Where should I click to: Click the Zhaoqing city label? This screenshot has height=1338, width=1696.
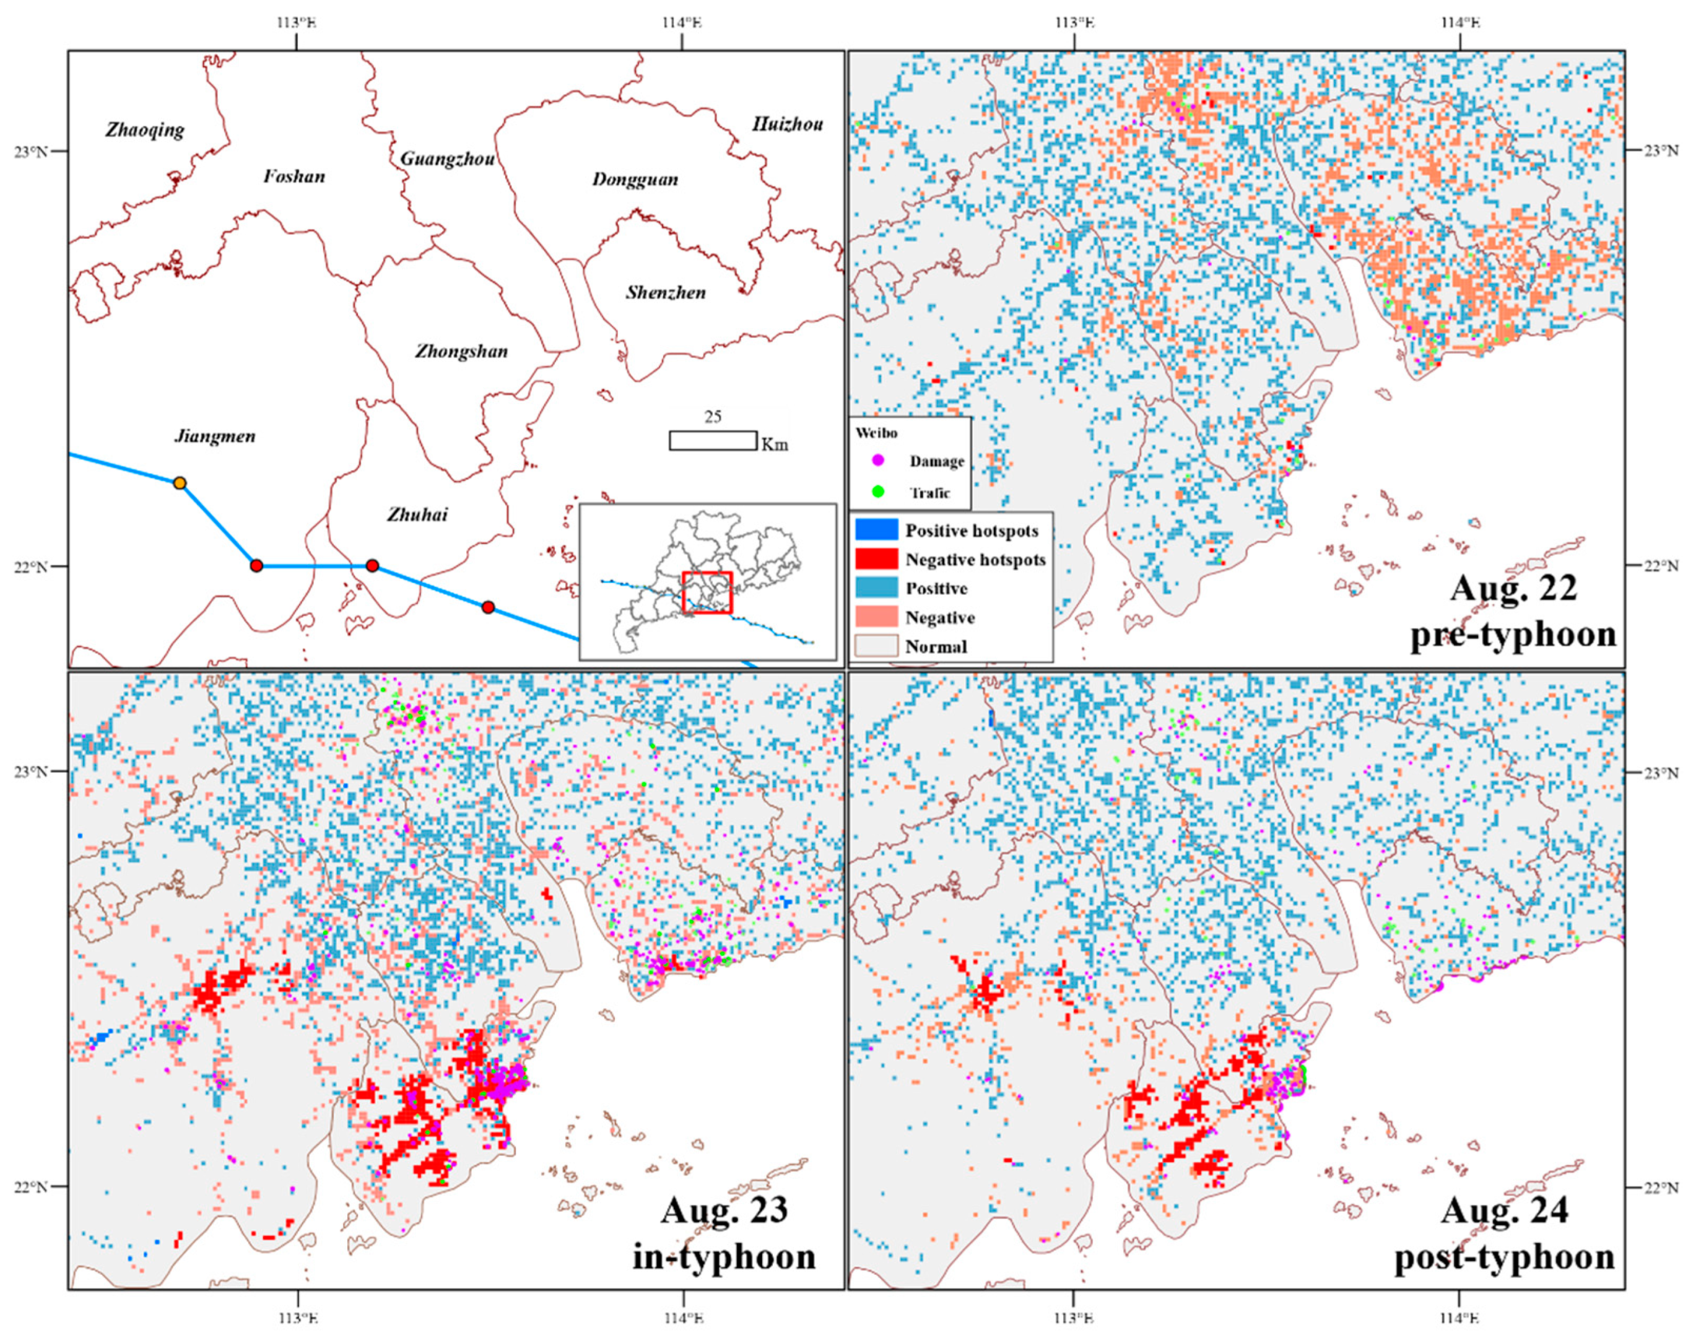pos(145,130)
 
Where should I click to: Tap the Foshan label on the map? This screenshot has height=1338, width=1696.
pos(294,176)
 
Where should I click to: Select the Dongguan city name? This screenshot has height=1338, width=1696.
pos(635,180)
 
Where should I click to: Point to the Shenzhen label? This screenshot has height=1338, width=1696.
pos(665,293)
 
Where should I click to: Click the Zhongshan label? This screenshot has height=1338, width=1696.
pos(461,351)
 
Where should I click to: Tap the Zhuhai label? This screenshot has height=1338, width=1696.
pos(417,515)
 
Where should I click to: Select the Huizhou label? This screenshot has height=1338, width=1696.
pos(787,124)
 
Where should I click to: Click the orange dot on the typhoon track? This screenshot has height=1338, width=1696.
pos(180,482)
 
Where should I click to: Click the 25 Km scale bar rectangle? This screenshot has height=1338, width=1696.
pos(712,440)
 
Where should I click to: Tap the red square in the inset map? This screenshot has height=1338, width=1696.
pos(707,593)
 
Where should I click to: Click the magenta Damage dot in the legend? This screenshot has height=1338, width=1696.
pos(878,460)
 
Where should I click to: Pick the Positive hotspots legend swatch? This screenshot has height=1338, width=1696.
pos(876,531)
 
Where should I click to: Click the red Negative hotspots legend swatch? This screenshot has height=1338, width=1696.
pos(876,559)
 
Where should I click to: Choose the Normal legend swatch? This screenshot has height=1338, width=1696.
pos(876,646)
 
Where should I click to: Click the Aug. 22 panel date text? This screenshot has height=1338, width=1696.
pos(1513,588)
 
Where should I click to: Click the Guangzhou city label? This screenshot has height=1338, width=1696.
pos(447,159)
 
